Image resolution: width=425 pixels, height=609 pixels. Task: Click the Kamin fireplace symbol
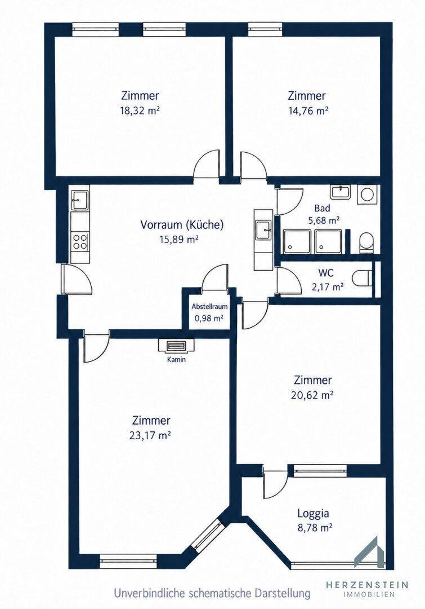point(176,346)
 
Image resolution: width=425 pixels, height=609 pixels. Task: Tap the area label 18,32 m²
point(140,111)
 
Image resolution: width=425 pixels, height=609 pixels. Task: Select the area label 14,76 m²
point(308,111)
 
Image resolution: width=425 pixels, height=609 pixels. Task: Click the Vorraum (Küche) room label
point(182,225)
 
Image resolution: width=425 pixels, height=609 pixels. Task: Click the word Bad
point(322,208)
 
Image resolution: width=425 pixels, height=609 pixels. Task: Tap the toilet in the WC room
point(362,277)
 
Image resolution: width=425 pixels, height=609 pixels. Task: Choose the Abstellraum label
point(209,306)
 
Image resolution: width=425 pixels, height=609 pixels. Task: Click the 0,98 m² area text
point(209,319)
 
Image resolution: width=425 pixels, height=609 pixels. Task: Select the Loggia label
point(314,514)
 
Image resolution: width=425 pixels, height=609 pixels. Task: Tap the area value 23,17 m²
point(150,435)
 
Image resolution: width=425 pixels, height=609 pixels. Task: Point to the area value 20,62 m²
point(312,395)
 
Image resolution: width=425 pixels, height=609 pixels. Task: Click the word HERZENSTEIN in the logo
point(367,585)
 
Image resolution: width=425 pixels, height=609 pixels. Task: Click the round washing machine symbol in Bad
point(367,194)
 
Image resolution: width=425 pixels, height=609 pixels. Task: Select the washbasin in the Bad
point(341,192)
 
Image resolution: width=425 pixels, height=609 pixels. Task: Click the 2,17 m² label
point(328,287)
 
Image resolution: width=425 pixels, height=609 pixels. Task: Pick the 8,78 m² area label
point(315,528)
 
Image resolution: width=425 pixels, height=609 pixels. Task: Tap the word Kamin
point(176,359)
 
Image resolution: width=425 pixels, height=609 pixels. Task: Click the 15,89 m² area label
point(179,240)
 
